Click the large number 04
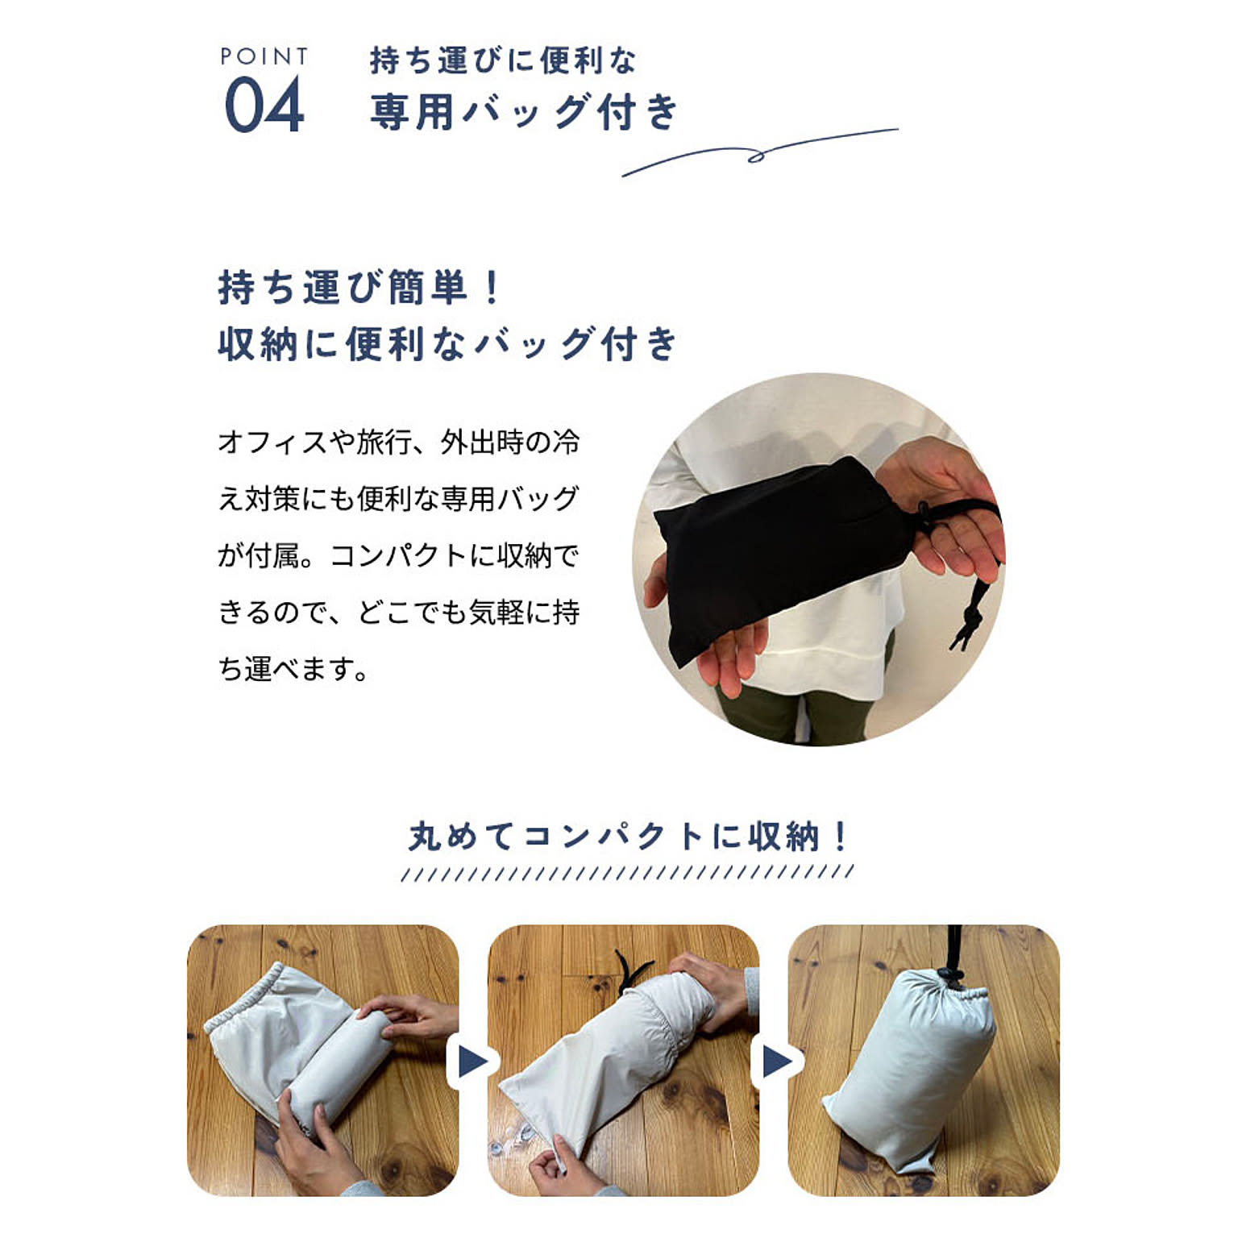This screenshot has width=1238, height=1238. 264,106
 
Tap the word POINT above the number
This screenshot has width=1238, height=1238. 264,56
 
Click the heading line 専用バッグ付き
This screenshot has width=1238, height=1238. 525,111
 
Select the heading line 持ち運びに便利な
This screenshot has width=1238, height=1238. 503,60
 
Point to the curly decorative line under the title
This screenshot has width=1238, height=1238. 758,153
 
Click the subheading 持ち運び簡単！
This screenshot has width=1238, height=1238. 360,288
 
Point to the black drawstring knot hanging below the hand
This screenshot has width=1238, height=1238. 968,621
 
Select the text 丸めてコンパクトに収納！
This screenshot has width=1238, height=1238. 628,837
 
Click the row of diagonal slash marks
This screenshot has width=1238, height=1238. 627,873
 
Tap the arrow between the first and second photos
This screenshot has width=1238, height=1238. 473,1061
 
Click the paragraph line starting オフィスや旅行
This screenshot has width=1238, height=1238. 398,442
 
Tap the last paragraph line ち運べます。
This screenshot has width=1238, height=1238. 293,669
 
